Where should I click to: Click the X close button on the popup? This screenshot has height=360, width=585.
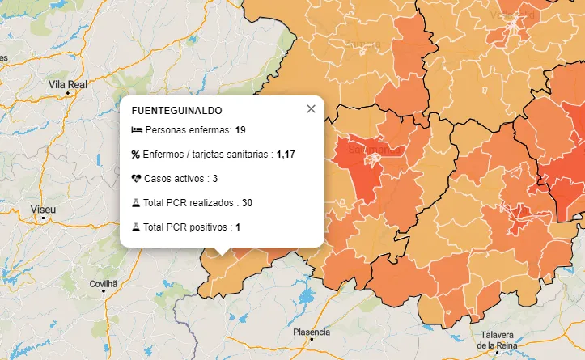click(x=311, y=109)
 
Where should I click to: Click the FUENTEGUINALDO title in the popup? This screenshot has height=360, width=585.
click(x=176, y=110)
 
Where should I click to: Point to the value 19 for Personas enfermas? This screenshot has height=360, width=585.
click(x=240, y=130)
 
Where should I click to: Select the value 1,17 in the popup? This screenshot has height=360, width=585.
click(x=286, y=155)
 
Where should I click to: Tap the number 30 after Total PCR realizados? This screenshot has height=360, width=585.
click(x=248, y=203)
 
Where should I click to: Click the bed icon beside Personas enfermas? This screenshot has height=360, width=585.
click(x=135, y=130)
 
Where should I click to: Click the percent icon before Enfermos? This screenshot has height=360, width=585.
click(x=135, y=155)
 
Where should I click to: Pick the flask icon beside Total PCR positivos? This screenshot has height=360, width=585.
click(x=135, y=227)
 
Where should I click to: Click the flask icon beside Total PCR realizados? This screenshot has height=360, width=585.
click(x=135, y=203)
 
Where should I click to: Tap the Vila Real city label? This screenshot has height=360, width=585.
click(x=68, y=83)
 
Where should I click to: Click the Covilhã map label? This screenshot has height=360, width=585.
click(x=104, y=284)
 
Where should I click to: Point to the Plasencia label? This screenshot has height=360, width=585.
click(x=312, y=332)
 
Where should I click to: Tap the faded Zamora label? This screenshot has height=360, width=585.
click(x=362, y=44)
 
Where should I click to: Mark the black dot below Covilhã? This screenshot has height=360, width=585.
click(x=103, y=292)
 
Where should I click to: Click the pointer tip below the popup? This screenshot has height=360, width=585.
click(x=222, y=252)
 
